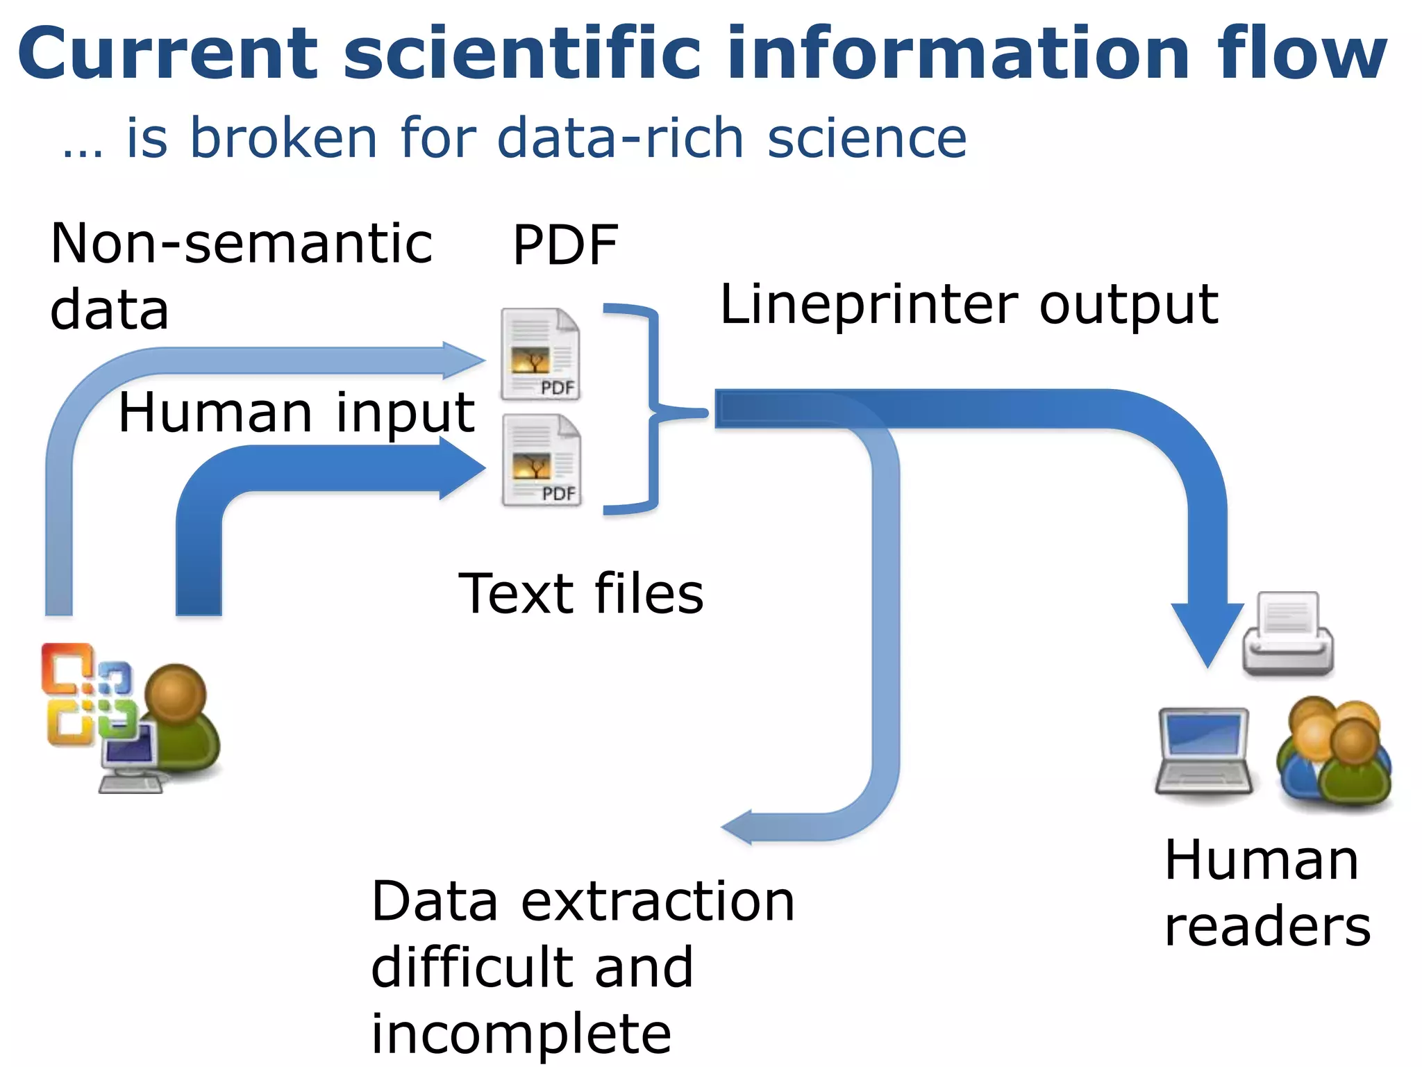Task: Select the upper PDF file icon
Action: pyautogui.click(x=541, y=354)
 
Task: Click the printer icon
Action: pyautogui.click(x=1288, y=634)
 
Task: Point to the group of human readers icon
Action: pyautogui.click(x=1334, y=753)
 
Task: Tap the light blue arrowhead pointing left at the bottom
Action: pyautogui.click(x=739, y=827)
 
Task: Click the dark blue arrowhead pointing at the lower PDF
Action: pyautogui.click(x=461, y=468)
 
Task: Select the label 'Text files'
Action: pyautogui.click(x=580, y=594)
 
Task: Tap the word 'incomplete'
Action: pyautogui.click(x=521, y=1034)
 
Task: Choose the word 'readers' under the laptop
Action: pyautogui.click(x=1267, y=927)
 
